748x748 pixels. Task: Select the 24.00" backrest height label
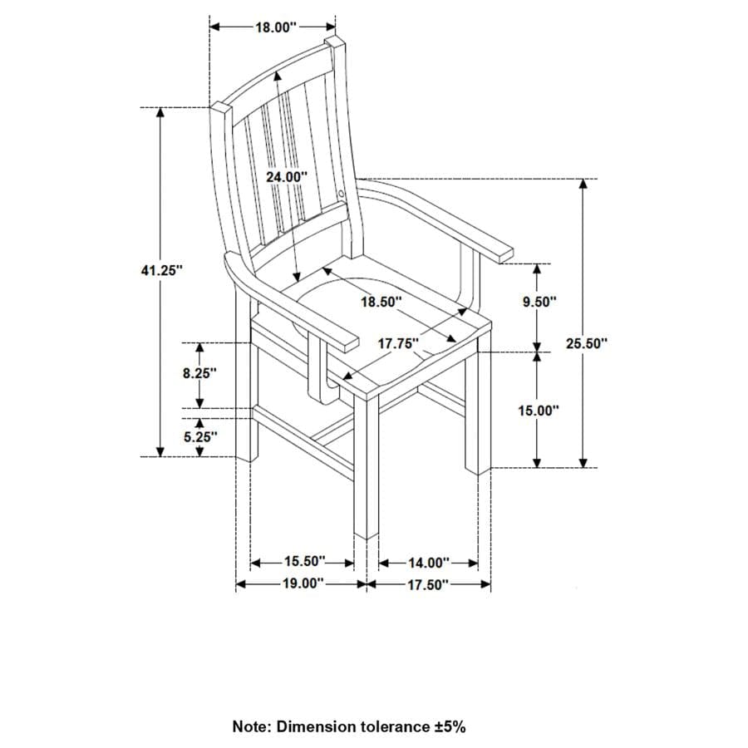287,176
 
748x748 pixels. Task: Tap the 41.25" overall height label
160,269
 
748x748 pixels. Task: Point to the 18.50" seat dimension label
381,302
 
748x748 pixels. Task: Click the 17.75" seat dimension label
398,342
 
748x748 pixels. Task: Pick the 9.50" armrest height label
539,303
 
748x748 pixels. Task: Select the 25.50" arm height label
587,342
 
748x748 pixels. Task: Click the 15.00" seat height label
539,410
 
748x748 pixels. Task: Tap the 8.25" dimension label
200,373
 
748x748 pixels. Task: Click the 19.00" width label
302,583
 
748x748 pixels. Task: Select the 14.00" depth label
428,563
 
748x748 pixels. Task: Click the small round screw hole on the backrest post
344,194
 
